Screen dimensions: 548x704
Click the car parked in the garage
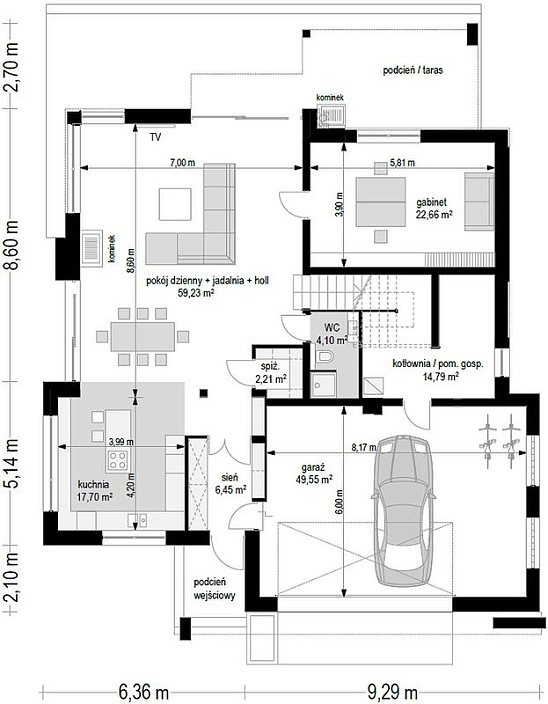point(403,510)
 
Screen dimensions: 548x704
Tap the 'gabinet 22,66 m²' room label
point(433,208)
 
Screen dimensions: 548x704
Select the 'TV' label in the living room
point(155,137)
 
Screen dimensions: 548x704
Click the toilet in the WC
point(324,357)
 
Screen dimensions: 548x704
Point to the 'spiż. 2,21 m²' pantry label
point(271,374)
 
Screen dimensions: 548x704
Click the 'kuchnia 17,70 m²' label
point(95,490)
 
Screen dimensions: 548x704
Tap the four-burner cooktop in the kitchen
point(118,460)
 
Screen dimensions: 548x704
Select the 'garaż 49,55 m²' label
point(314,473)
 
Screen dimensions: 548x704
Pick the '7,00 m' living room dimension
point(182,163)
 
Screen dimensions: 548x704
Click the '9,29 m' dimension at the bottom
point(392,692)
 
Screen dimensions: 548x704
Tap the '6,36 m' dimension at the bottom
point(144,692)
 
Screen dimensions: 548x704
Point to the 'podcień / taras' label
point(413,70)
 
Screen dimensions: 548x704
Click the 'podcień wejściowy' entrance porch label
point(214,589)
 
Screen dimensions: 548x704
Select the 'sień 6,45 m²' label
point(230,484)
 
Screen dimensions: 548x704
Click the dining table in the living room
point(143,336)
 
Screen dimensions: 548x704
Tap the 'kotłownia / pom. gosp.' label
point(438,364)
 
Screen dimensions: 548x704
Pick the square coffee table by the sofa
point(175,204)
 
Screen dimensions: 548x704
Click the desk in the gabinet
point(381,202)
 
